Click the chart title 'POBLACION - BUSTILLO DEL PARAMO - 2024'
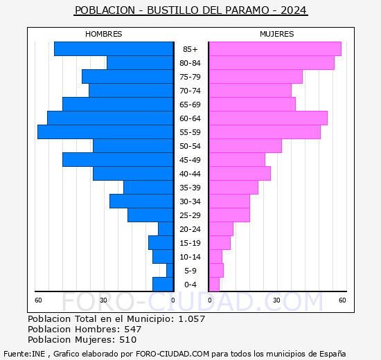pyautogui.click(x=190, y=11)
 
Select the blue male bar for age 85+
pyautogui.click(x=114, y=49)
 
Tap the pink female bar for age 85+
pyautogui.click(x=274, y=49)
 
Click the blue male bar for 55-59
pyautogui.click(x=105, y=132)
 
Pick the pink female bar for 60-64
pyautogui.click(x=267, y=118)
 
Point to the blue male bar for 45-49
pyautogui.click(x=118, y=160)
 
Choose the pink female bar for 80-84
pyautogui.click(x=271, y=63)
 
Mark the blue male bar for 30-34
pyautogui.click(x=141, y=201)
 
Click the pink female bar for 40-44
pyautogui.click(x=239, y=174)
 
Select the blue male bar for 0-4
pyautogui.click(x=163, y=285)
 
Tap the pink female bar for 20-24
pyautogui.click(x=220, y=229)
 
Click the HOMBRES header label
pyautogui.click(x=103, y=34)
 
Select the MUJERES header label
pyautogui.click(x=276, y=34)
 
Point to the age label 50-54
pyautogui.click(x=190, y=146)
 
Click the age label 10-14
pyautogui.click(x=190, y=257)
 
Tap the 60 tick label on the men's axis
pyautogui.click(x=39, y=300)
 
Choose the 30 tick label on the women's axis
pyautogui.click(x=276, y=300)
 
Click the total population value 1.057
pyautogui.click(x=191, y=319)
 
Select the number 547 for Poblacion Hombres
pyautogui.click(x=128, y=330)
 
